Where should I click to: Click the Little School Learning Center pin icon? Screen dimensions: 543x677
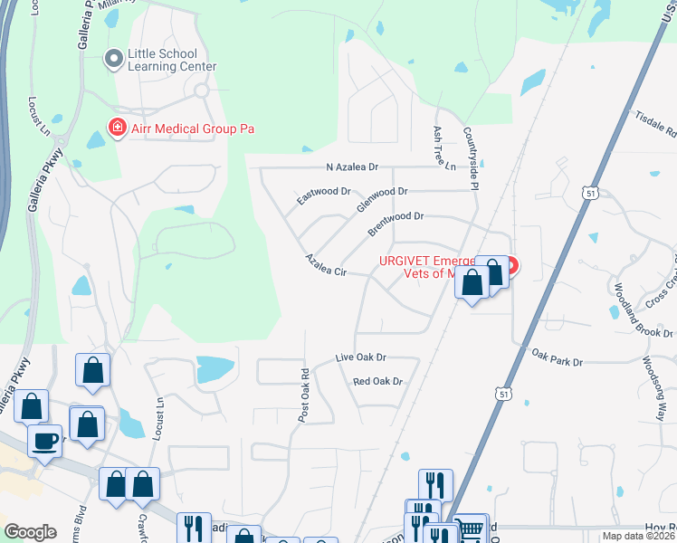(x=115, y=60)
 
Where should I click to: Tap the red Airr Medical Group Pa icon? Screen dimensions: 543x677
(x=117, y=129)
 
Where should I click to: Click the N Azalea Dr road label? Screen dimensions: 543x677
(x=352, y=168)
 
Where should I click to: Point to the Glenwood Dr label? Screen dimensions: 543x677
(x=382, y=198)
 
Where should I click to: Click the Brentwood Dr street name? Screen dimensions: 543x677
(x=396, y=224)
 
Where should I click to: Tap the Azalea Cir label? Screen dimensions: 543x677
(x=326, y=265)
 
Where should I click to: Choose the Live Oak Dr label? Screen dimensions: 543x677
(x=360, y=358)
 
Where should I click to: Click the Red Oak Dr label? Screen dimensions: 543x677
(x=377, y=381)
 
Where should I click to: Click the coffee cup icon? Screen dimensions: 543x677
(x=44, y=443)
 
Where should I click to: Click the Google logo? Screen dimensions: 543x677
(x=31, y=532)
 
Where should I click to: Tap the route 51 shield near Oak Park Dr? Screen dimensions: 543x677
(x=503, y=394)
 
